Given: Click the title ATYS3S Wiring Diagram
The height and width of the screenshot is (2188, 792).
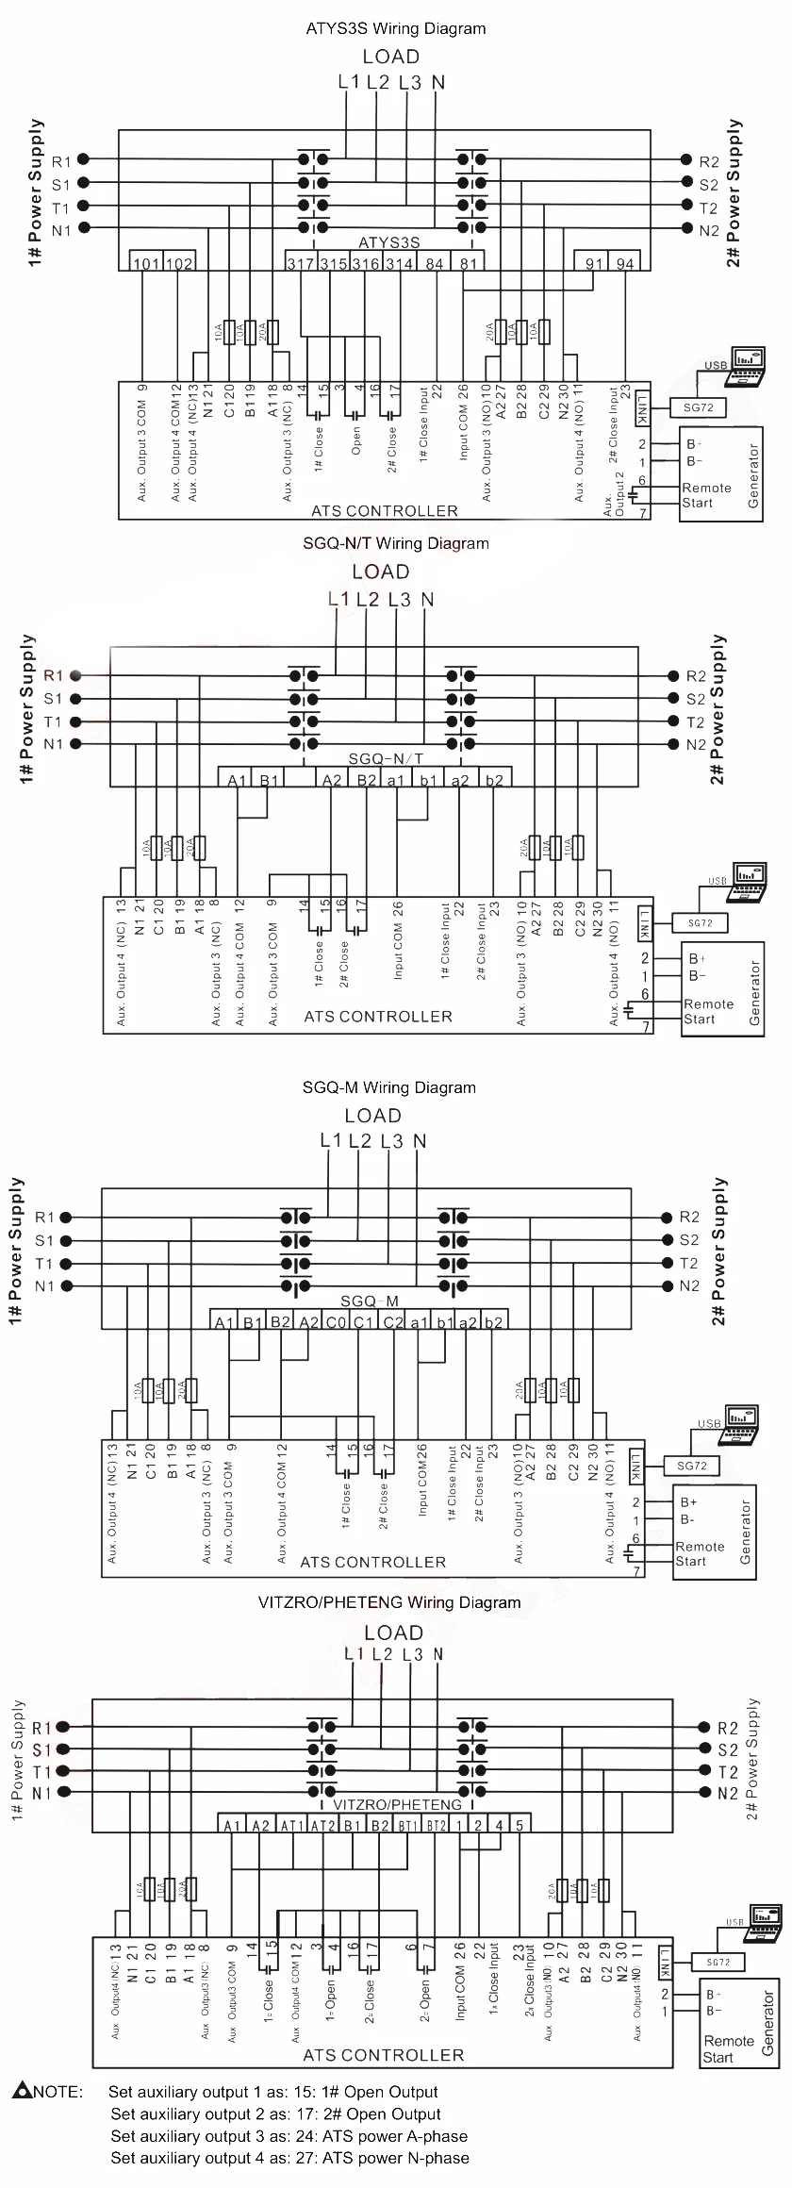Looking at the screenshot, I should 396,28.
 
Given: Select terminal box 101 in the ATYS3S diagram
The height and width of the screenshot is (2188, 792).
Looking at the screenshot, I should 146,263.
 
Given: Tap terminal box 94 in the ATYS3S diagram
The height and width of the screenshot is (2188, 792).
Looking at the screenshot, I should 624,263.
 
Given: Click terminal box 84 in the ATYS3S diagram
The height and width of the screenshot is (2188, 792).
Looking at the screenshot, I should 434,263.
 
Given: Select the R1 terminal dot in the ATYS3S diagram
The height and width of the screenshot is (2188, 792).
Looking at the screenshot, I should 83,160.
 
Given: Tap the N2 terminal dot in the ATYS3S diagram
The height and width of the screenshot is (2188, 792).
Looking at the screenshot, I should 685,229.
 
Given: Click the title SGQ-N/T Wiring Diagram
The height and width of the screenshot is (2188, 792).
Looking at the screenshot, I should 396,543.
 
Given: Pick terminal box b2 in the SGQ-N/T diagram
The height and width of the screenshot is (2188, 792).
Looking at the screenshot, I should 493,779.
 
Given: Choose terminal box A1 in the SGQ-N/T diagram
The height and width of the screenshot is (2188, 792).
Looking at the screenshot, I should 236,779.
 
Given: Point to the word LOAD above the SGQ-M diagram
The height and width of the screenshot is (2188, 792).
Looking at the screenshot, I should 372,1116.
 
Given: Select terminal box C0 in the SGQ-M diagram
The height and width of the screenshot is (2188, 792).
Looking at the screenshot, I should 337,1322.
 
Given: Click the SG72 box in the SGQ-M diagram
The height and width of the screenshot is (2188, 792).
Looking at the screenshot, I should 691,1466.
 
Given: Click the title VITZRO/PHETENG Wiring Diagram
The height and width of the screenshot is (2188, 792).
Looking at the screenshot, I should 389,1602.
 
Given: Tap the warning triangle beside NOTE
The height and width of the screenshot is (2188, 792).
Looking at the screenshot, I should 23,2090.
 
